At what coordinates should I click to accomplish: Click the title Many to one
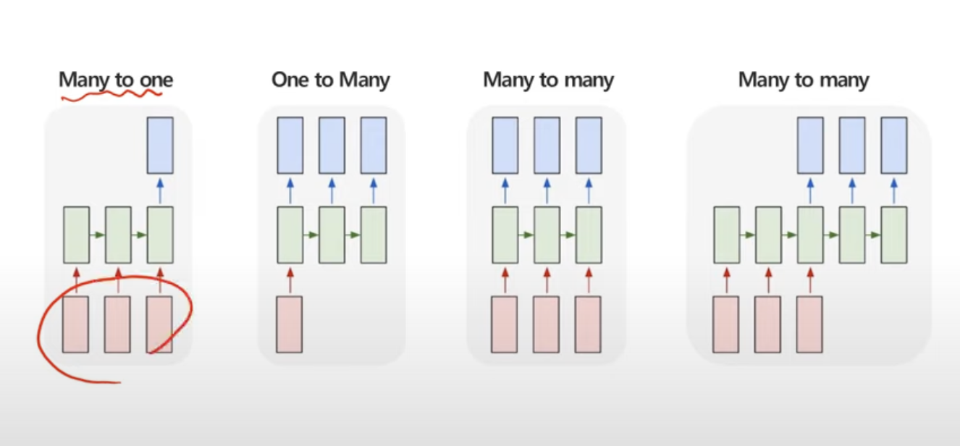point(116,80)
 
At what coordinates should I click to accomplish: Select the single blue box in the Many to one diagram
point(160,146)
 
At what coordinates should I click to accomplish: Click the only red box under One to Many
point(290,324)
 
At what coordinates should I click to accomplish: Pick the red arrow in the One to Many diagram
point(290,279)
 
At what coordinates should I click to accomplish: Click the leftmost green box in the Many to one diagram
point(76,235)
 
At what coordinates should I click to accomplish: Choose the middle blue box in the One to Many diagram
point(332,146)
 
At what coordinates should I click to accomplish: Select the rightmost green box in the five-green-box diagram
point(894,235)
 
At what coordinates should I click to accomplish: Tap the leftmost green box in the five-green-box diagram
point(726,235)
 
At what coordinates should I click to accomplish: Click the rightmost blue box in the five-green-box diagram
point(894,146)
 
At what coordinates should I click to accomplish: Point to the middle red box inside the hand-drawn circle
point(118,324)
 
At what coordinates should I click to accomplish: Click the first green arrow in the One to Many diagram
point(311,235)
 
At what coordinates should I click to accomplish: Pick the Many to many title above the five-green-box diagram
point(804,80)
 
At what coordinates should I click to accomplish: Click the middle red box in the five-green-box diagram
point(768,324)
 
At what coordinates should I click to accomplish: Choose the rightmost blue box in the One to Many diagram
point(374,146)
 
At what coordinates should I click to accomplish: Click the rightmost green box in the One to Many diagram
point(374,235)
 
